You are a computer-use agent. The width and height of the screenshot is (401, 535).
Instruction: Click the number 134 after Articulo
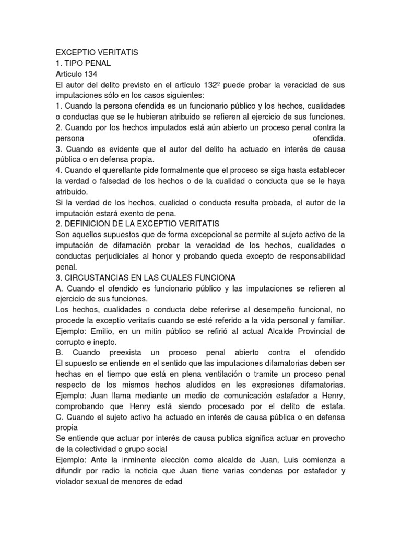click(x=84, y=74)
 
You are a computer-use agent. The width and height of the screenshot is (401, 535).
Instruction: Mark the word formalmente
click(x=196, y=170)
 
